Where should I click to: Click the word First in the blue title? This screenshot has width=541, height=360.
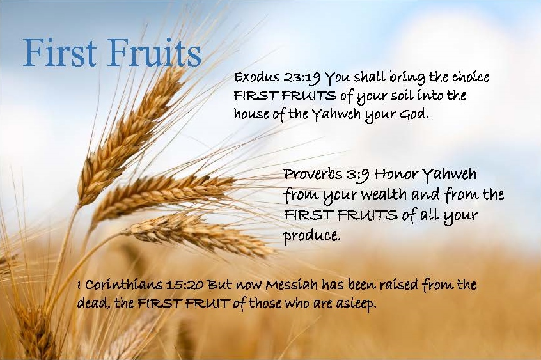point(59,53)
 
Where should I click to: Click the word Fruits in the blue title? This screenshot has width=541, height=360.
point(154,53)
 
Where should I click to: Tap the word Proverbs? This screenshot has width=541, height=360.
point(313,174)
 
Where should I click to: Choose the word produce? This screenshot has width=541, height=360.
point(311,237)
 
